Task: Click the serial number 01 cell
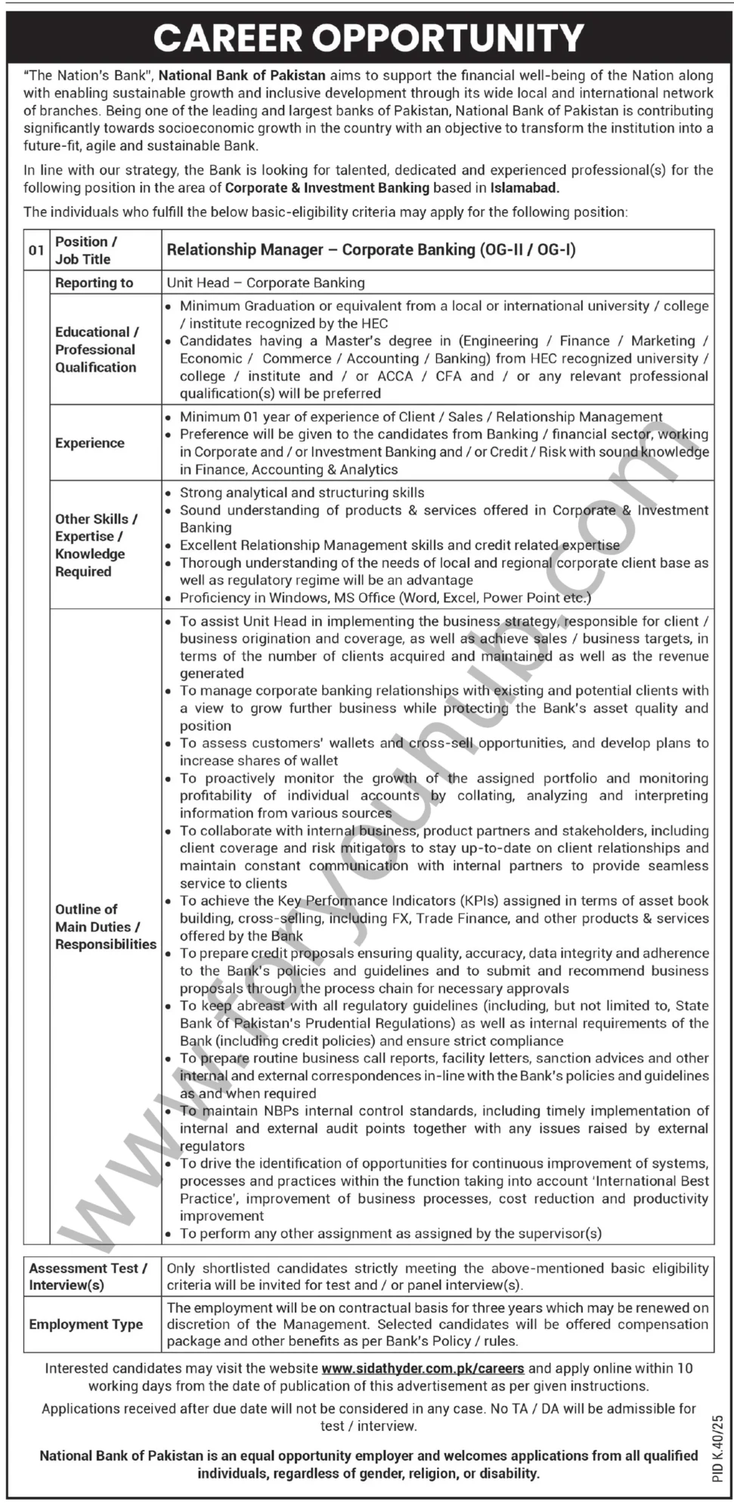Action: tap(36, 250)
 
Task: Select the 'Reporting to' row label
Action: tap(94, 283)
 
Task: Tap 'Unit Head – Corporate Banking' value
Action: tap(265, 283)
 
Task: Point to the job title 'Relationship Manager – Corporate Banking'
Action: tap(370, 250)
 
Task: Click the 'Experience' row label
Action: tap(89, 443)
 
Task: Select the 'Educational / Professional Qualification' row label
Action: tap(96, 349)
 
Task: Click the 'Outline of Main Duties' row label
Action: tap(105, 926)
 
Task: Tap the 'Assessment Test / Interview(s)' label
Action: tap(88, 1276)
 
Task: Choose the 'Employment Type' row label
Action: tap(85, 1324)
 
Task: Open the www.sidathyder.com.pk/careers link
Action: tap(423, 1368)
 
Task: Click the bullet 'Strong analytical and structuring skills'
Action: tap(302, 493)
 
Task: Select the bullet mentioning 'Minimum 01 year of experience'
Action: tap(420, 416)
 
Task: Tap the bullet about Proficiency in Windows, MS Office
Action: tap(385, 598)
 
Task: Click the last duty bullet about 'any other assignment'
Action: tap(390, 1233)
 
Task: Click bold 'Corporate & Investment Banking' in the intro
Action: tap(327, 188)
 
